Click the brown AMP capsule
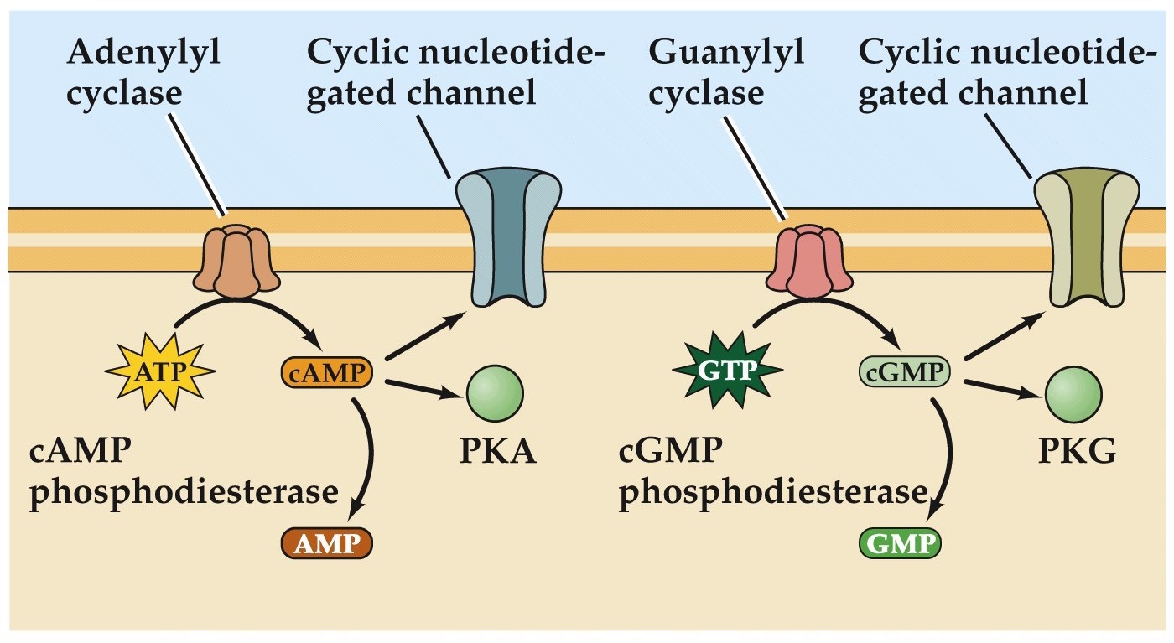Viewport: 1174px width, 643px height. (325, 544)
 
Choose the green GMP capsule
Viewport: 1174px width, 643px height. (900, 544)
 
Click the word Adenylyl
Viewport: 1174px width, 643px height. (143, 54)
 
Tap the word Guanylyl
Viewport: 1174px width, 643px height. (726, 54)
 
